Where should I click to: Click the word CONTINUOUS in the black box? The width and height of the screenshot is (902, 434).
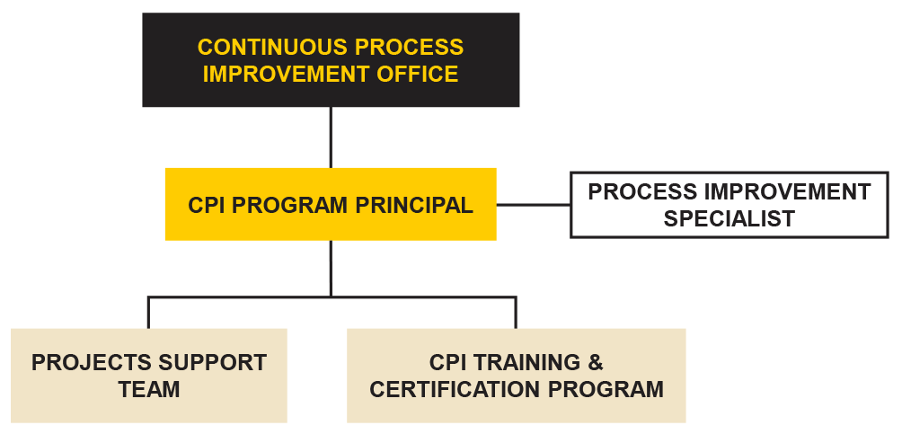[x=273, y=48]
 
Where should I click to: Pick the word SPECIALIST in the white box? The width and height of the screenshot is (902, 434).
[x=730, y=218]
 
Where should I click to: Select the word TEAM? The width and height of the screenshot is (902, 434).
[x=149, y=390]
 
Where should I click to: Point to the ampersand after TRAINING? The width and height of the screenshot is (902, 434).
[x=596, y=363]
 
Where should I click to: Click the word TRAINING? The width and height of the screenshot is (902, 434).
[x=528, y=363]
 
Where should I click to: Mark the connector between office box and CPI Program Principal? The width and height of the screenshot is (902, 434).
[x=331, y=137]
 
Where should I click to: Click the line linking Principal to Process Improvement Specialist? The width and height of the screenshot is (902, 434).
[x=534, y=204]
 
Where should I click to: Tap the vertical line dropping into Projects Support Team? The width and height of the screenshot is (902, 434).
[x=148, y=313]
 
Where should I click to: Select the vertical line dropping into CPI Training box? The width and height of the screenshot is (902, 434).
[x=516, y=313]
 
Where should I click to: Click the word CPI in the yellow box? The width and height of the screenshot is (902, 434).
[x=208, y=205]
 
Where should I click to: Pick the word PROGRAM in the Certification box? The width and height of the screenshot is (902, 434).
[x=606, y=390]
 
